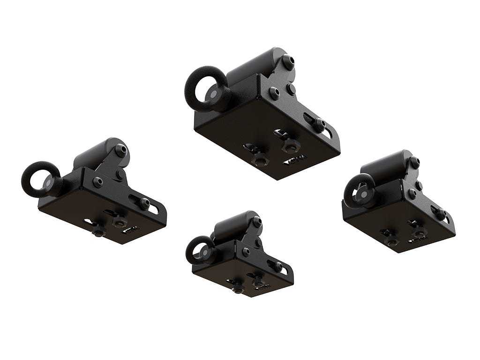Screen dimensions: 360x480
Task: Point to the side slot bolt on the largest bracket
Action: (320, 124)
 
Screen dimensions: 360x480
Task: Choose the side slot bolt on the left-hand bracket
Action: (145, 202)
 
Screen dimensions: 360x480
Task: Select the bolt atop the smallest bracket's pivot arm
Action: (256, 220)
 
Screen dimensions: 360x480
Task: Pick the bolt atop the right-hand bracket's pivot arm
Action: (414, 160)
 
